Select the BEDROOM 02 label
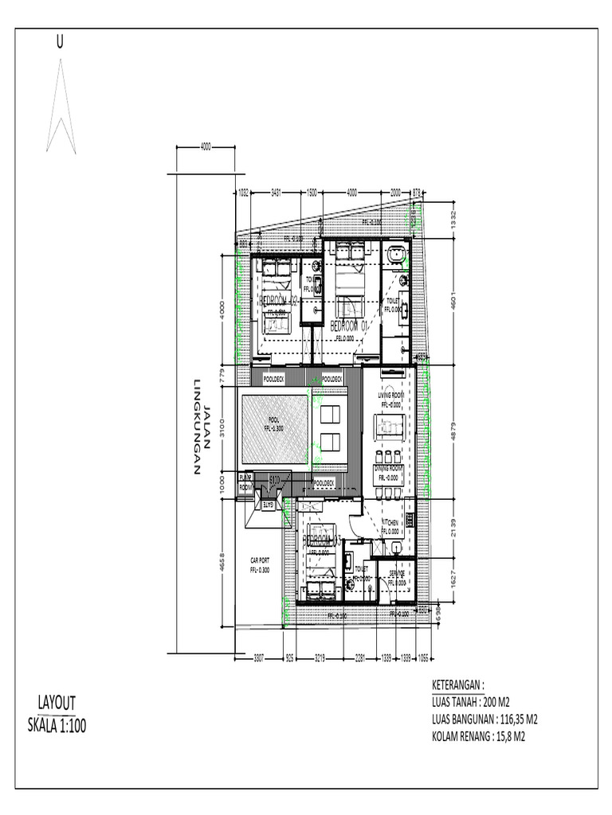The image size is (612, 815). tap(277, 300)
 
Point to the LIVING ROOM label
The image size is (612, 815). tap(392, 395)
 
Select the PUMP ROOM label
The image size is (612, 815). tap(245, 482)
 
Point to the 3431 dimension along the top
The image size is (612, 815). tap(276, 193)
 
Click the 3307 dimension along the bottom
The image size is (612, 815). tap(259, 658)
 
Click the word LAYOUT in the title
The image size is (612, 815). tap(57, 703)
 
